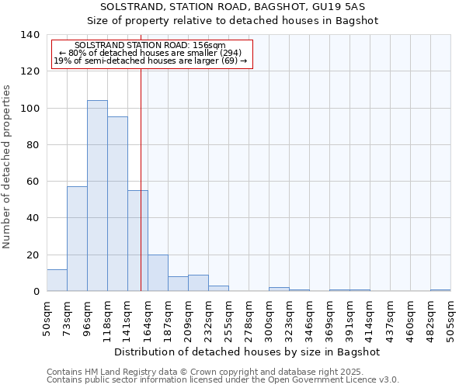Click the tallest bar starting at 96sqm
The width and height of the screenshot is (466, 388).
coord(97,196)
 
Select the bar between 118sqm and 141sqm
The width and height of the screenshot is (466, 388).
coord(117,204)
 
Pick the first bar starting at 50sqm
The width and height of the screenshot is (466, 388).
coord(57,280)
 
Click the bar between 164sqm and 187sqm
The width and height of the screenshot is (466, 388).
coord(158,273)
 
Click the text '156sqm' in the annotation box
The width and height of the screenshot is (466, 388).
coord(210,46)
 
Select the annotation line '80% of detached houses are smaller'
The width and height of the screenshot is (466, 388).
coord(151,54)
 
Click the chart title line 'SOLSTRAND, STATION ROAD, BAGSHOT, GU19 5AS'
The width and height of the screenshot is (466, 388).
coord(232,7)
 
